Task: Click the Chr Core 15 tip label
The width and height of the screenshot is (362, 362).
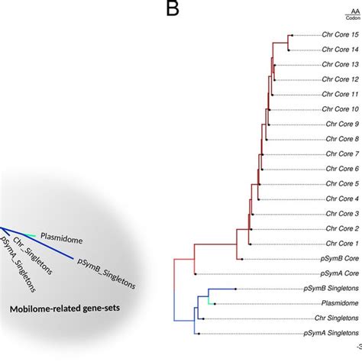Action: click(x=338, y=35)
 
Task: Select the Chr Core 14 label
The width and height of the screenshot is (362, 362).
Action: click(x=338, y=50)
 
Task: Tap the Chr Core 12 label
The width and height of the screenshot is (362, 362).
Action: click(x=338, y=79)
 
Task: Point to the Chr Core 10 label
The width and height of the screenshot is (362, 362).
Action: click(x=338, y=109)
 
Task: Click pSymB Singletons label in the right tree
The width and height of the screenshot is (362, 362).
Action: click(x=328, y=289)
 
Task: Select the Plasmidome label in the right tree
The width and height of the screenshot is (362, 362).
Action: click(x=338, y=303)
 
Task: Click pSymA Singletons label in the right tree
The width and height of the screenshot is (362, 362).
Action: click(x=328, y=333)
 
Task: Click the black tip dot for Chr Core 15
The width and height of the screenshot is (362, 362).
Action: click(x=290, y=35)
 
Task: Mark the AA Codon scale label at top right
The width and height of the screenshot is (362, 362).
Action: click(x=352, y=15)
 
